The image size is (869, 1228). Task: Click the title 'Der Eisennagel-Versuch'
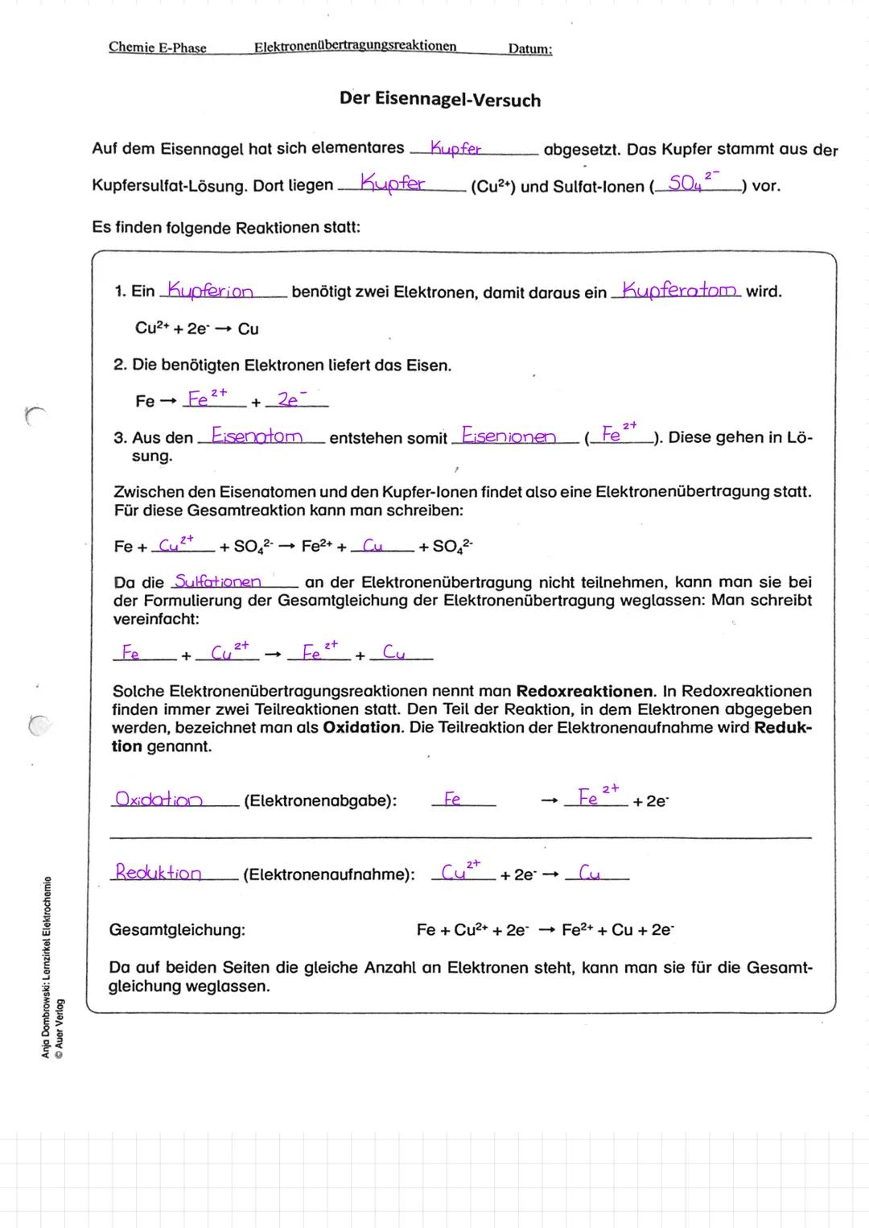(439, 100)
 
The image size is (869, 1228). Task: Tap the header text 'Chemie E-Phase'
(158, 48)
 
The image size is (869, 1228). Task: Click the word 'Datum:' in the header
(529, 48)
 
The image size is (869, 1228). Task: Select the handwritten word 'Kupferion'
(209, 290)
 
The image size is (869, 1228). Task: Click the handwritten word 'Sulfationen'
(218, 581)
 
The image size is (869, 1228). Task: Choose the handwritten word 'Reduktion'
(159, 872)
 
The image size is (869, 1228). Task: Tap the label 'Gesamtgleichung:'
(177, 929)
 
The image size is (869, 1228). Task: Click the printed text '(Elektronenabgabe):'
(319, 800)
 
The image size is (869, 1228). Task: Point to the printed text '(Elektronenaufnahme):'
(328, 874)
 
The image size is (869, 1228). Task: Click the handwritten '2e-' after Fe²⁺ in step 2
(289, 399)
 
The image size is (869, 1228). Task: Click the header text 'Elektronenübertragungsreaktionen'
(355, 47)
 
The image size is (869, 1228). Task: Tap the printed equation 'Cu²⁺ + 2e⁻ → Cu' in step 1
(196, 329)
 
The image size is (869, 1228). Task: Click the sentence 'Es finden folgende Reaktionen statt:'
(225, 227)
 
